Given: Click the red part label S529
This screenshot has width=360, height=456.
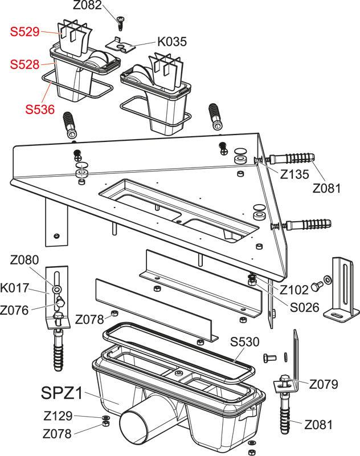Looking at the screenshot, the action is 24,32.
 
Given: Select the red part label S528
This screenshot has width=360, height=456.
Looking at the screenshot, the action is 24,64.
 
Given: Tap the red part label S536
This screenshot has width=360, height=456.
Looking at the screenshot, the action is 40,109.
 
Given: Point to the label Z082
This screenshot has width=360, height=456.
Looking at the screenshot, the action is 87,5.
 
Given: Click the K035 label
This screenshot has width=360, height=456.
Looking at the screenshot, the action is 172,42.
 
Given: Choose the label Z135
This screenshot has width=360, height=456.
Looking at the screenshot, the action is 294,174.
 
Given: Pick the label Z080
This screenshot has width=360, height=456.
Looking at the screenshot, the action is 24,260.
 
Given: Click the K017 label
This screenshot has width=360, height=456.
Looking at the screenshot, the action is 15,288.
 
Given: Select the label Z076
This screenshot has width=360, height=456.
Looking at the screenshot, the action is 14,310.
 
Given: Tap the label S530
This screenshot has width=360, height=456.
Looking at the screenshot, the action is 244,342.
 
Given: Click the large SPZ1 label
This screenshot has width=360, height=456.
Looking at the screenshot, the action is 62,393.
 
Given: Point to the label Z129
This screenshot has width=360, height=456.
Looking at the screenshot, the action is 58,416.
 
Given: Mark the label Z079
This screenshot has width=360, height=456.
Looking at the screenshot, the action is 324,384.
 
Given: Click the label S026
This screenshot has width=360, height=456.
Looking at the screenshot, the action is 305,307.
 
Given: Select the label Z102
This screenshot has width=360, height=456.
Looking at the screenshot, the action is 294,290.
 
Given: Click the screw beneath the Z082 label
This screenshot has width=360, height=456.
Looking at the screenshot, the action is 121,23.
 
